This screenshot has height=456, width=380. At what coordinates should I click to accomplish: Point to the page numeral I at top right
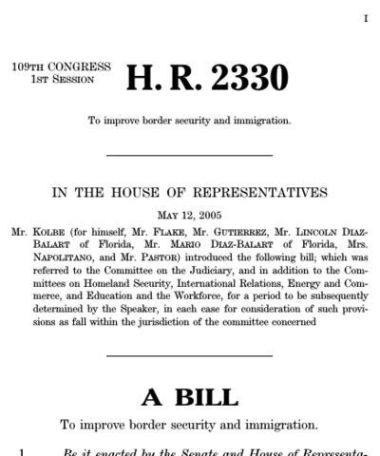366,18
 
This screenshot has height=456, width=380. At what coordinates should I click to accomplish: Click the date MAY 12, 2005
190,215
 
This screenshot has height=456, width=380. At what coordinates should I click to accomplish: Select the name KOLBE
47,230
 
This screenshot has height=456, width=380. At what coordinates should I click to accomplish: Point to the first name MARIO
192,243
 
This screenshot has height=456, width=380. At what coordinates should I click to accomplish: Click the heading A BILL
189,394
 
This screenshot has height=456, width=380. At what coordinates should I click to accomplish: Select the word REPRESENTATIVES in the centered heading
260,192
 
